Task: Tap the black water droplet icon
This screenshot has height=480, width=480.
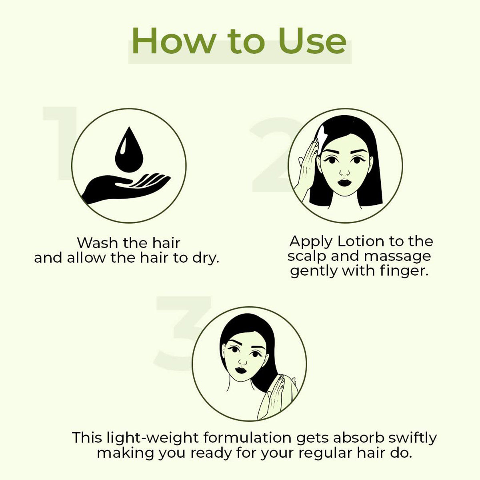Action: pos(128,150)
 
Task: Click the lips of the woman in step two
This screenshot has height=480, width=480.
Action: pos(344,183)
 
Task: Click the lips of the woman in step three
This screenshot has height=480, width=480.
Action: pos(241,369)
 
